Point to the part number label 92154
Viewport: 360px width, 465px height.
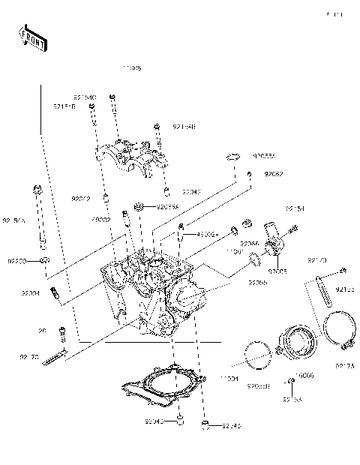click(295, 208)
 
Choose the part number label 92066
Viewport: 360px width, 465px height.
click(250, 244)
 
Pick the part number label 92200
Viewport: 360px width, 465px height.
click(17, 261)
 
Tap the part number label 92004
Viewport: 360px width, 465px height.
click(30, 293)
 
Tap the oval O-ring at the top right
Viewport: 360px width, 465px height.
click(233, 157)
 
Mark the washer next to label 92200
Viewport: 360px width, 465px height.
click(45, 260)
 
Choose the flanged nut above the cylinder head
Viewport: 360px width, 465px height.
click(139, 206)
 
